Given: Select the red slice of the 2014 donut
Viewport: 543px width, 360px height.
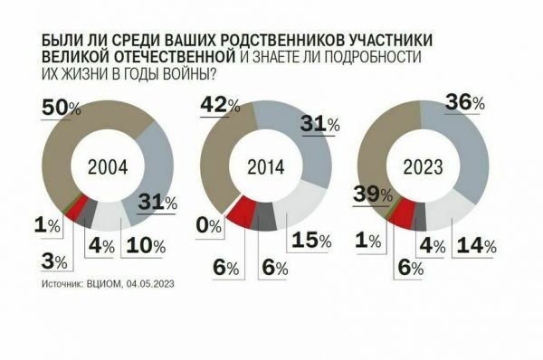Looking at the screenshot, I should point(240,213).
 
